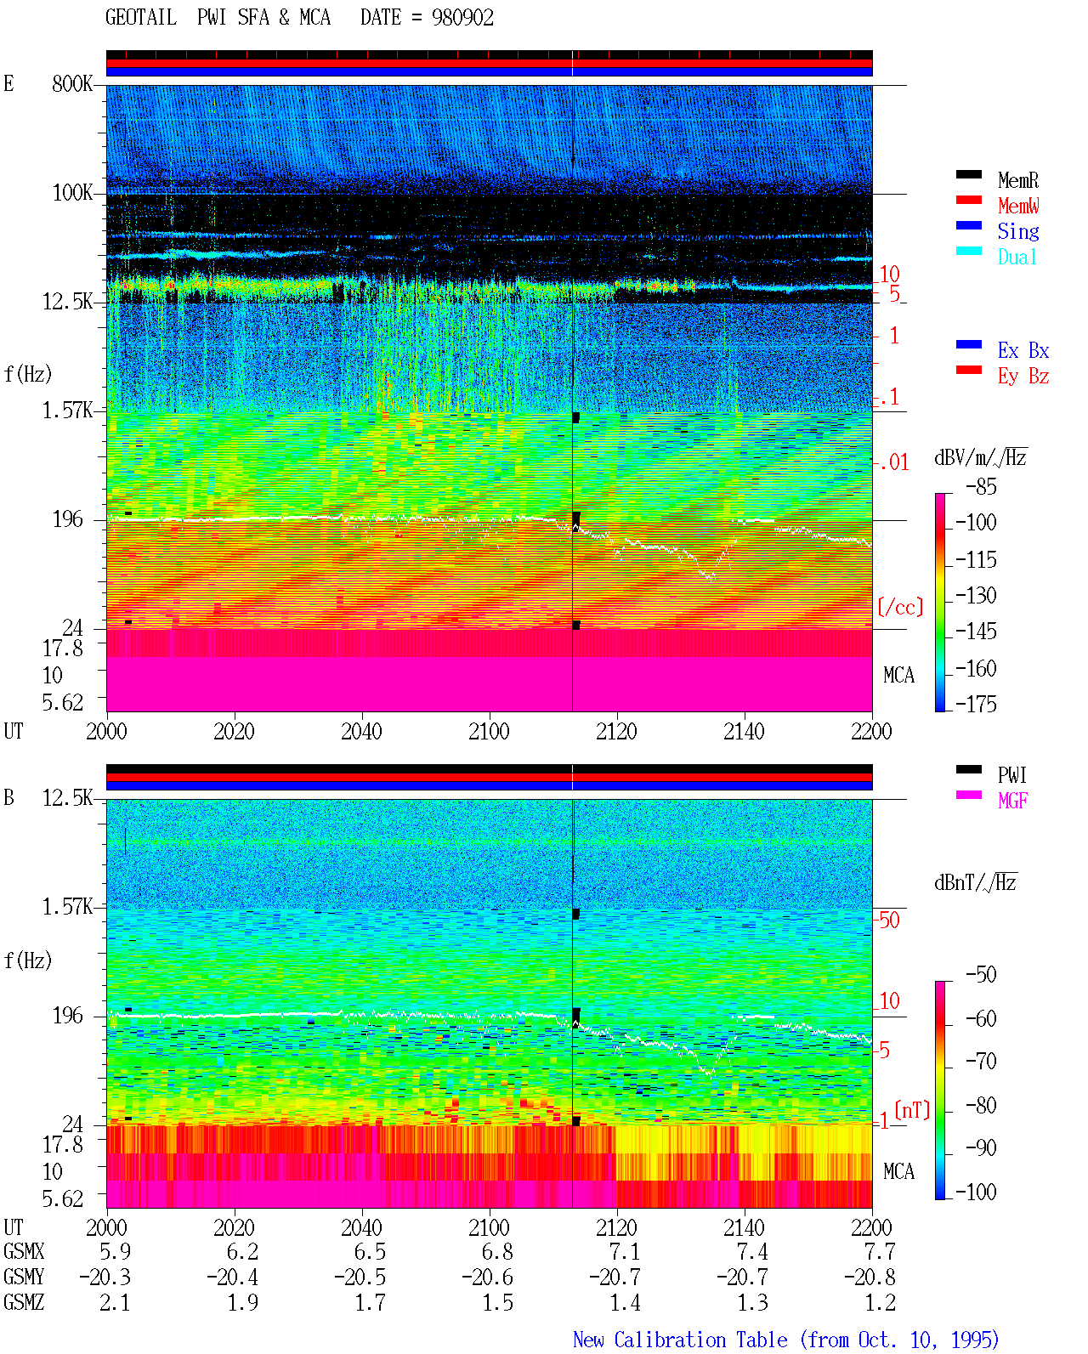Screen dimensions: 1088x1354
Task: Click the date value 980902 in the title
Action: coord(462,18)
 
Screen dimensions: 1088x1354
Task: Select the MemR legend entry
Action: coord(1017,180)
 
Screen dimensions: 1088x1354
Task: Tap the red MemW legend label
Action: coord(1017,206)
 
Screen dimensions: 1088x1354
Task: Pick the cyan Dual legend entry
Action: coord(1017,257)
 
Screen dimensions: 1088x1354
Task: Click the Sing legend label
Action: coord(1017,231)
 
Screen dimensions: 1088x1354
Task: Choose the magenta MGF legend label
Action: coord(1012,801)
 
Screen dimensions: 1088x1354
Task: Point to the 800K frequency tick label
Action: coord(72,83)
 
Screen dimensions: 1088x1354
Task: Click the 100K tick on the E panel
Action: coord(72,193)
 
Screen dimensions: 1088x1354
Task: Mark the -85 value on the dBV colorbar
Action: coord(981,486)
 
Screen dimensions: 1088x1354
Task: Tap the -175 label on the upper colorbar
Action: coord(976,704)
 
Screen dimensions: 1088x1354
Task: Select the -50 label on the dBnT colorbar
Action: coord(981,975)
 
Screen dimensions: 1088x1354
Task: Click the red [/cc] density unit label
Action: coord(900,607)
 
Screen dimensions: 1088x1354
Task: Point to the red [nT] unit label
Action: coord(912,1110)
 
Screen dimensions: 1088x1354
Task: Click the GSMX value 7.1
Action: coord(625,1251)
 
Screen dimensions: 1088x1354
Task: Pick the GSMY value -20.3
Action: coord(105,1277)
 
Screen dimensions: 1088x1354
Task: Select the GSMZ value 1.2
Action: coord(880,1302)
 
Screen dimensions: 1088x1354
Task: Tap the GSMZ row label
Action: coord(24,1302)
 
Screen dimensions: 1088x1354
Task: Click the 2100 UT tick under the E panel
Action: coord(489,732)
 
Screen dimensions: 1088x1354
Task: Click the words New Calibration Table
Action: coord(680,1340)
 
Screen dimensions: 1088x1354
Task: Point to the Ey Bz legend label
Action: coord(1023,377)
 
